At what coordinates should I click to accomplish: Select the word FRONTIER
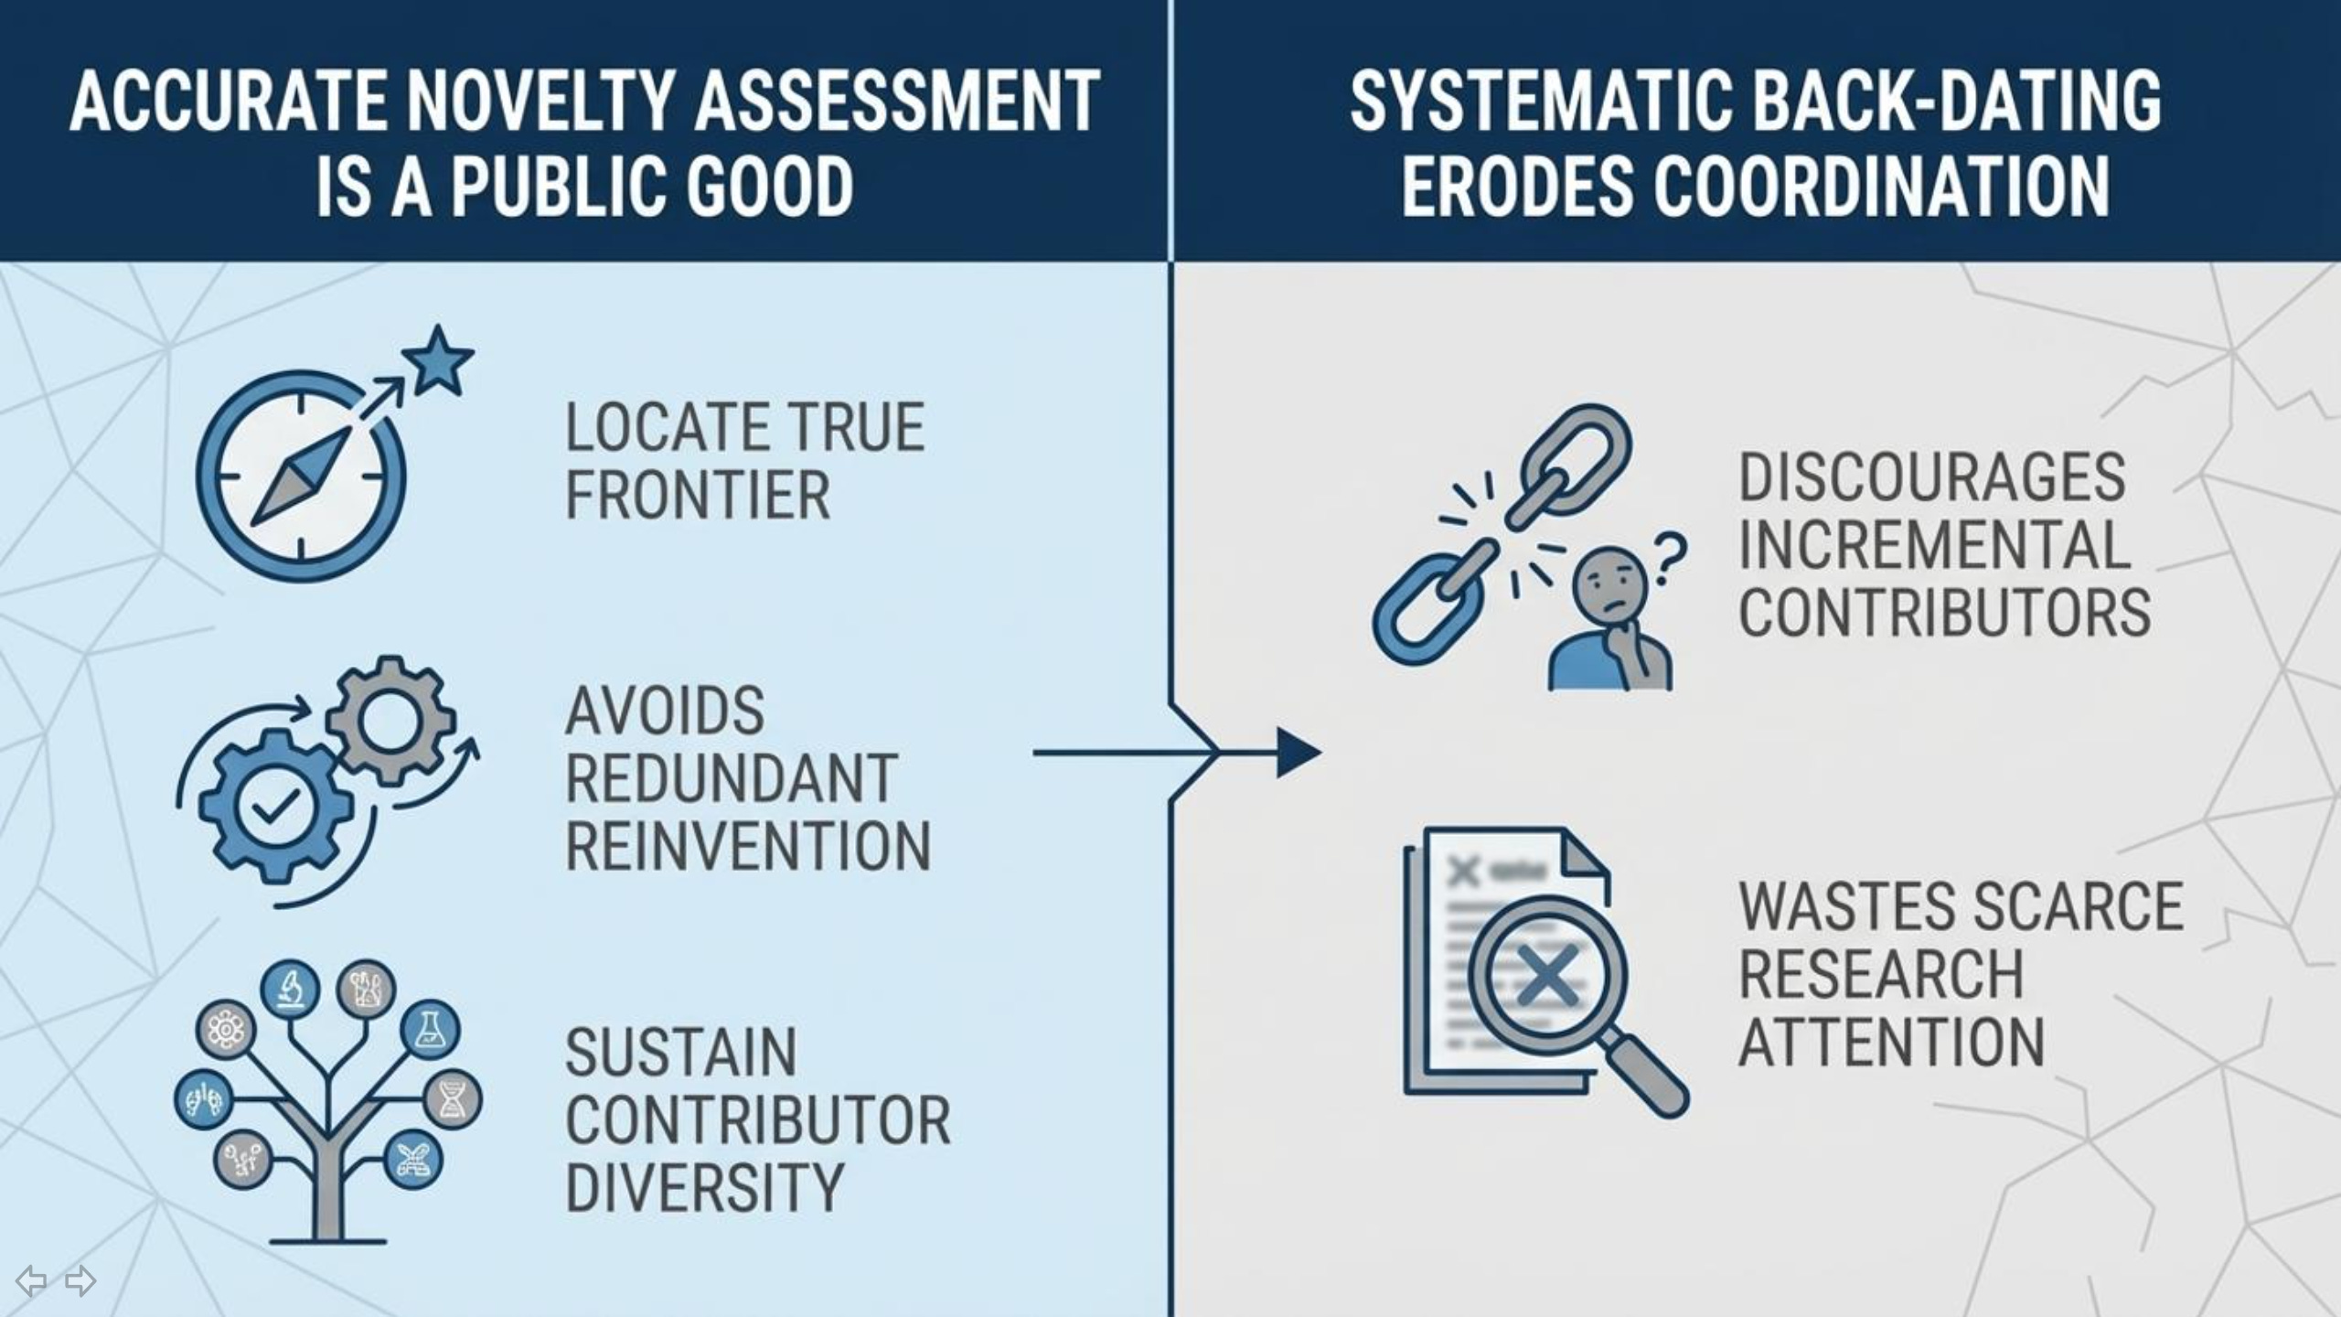[x=698, y=495]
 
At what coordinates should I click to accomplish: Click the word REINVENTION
[x=748, y=846]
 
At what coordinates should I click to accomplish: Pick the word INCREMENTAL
[x=1934, y=545]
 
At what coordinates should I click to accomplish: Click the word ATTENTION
[x=1891, y=1042]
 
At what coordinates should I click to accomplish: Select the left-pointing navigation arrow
[x=31, y=1280]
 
